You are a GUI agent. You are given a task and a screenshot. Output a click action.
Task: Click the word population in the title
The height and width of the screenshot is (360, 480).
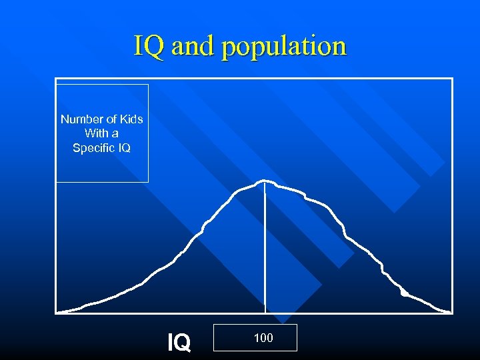[284, 47]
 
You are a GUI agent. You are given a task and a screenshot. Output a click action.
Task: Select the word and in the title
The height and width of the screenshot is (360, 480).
[193, 46]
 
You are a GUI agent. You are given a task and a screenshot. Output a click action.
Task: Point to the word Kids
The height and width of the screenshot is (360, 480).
[131, 119]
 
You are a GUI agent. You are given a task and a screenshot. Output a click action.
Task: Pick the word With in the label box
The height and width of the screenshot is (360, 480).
[96, 133]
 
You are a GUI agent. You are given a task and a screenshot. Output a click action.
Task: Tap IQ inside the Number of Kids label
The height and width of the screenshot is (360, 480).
[125, 148]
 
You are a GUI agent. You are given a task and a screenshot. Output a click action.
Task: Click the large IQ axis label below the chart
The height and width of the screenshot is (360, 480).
[179, 343]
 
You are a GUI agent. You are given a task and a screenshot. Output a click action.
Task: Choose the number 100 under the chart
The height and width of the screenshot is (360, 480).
[263, 338]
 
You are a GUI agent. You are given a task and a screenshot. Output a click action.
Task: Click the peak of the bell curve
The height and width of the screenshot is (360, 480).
[265, 180]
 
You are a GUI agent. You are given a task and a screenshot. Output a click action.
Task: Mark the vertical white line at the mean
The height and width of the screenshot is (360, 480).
[265, 247]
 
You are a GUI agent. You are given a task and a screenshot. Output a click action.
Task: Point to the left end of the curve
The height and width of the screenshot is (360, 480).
[59, 311]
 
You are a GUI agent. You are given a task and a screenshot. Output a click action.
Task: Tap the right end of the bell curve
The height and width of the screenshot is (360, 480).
[449, 311]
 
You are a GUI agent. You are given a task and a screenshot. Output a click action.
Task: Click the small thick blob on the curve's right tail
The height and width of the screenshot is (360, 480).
[404, 293]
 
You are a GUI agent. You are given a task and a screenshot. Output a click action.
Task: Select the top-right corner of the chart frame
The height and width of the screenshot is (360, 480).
[452, 79]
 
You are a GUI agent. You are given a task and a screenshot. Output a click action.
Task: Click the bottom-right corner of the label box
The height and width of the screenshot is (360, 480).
[148, 182]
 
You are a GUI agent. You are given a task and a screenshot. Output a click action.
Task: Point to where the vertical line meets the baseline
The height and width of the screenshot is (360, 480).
[265, 311]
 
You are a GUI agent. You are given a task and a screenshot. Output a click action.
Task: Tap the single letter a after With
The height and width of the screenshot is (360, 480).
[115, 133]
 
